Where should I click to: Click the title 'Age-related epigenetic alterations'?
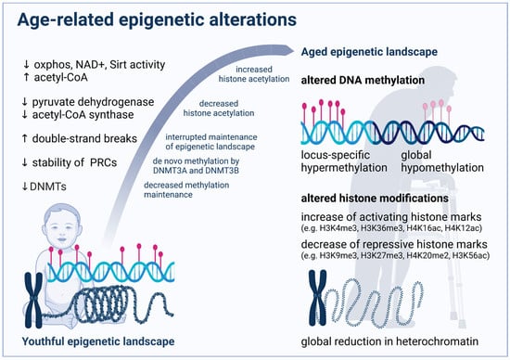point(157,19)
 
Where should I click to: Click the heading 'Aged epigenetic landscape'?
point(369,52)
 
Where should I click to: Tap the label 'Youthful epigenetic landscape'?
point(98,341)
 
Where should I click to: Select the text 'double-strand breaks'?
point(84,138)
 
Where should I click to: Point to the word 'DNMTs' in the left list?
point(48,186)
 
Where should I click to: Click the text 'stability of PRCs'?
point(74,162)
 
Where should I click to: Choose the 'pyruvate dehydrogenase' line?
point(93,102)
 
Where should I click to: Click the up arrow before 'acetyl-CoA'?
point(26,77)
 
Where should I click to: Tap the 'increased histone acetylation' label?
point(254,74)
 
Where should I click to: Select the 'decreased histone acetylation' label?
point(219,109)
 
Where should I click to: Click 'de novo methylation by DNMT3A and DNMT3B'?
point(197,166)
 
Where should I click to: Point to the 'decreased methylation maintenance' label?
point(186,190)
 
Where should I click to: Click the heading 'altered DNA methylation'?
point(363,80)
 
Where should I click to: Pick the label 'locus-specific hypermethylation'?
point(344,161)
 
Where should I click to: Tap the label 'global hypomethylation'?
point(442,161)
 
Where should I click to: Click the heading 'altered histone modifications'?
point(375,199)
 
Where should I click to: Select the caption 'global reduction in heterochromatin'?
point(389,341)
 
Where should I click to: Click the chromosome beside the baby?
point(33,300)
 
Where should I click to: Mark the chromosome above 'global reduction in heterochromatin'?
point(317,298)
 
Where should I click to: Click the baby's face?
point(62,227)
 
